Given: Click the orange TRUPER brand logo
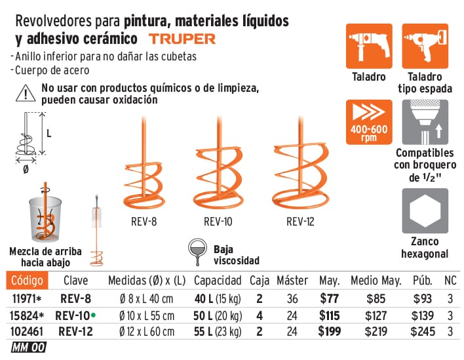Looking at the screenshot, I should point(182,39).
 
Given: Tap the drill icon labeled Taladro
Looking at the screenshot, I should point(368,47).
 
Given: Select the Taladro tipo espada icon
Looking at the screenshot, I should point(425,47).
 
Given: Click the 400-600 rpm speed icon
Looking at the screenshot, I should point(368,123).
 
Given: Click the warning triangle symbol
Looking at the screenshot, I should point(25,94).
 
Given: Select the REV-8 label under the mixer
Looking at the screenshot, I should point(144,222).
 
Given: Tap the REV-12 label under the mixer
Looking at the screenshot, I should point(300,222).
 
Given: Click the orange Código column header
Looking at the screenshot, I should point(27,281).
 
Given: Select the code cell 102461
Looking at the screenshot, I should point(27,331).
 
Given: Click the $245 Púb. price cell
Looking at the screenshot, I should point(423,331).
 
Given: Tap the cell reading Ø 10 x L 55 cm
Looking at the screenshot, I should point(147,315).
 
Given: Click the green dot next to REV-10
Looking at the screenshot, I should point(94,314).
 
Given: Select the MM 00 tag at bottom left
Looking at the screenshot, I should point(28,348).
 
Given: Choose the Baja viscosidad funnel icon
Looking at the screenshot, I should point(198,250).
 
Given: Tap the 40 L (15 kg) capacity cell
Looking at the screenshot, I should point(218,298).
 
